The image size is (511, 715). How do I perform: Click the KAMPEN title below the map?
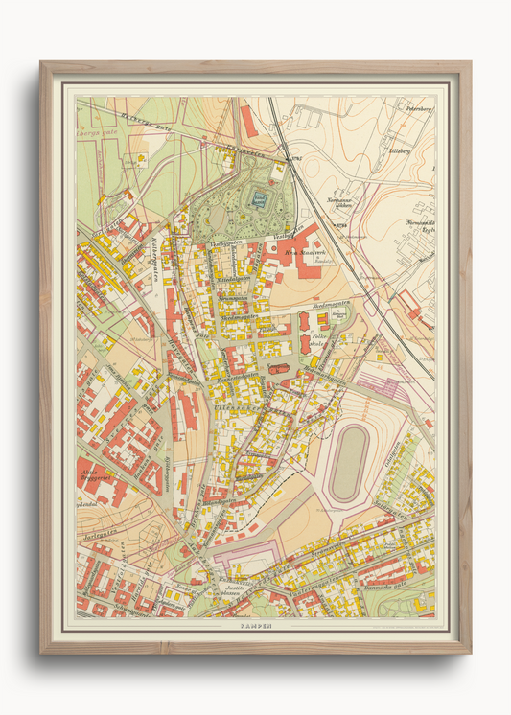pyautogui.click(x=254, y=625)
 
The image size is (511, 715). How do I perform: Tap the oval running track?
pyautogui.click(x=352, y=463)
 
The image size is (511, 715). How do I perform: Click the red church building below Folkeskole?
pyautogui.click(x=278, y=368)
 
